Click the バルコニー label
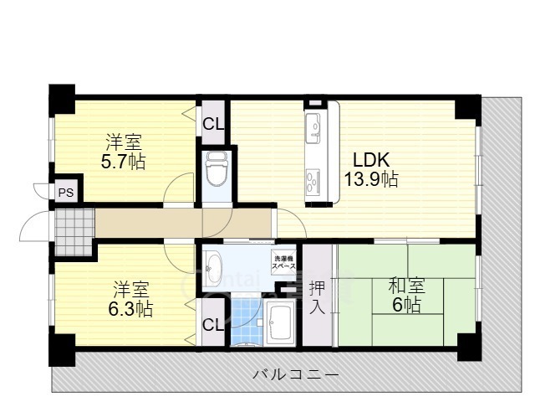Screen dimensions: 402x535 tap(296, 374)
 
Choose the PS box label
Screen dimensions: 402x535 tap(65, 192)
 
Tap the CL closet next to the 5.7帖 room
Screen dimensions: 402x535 tap(213, 123)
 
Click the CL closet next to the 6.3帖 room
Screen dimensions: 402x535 tap(213, 324)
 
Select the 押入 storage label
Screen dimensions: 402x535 tap(318, 298)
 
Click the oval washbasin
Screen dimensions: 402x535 tap(212, 265)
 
